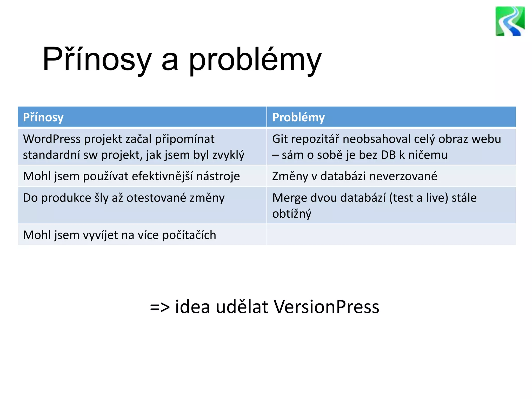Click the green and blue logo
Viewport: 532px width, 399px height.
click(x=510, y=21)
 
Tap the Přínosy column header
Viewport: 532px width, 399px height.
click(x=43, y=117)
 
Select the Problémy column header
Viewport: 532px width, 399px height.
click(x=298, y=117)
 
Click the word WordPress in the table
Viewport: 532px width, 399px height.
click(x=52, y=139)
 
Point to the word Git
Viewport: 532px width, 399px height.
click(x=280, y=139)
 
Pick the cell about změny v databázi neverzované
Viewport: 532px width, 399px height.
click(x=355, y=176)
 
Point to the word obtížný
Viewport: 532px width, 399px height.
click(x=291, y=214)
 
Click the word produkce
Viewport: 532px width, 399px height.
click(x=66, y=198)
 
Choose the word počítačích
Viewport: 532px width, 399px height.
click(x=189, y=235)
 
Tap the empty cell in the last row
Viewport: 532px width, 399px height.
click(x=391, y=235)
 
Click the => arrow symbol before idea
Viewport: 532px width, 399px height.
click(x=160, y=307)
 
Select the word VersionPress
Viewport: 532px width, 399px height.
click(x=327, y=307)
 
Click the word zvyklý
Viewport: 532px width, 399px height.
click(x=228, y=155)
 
